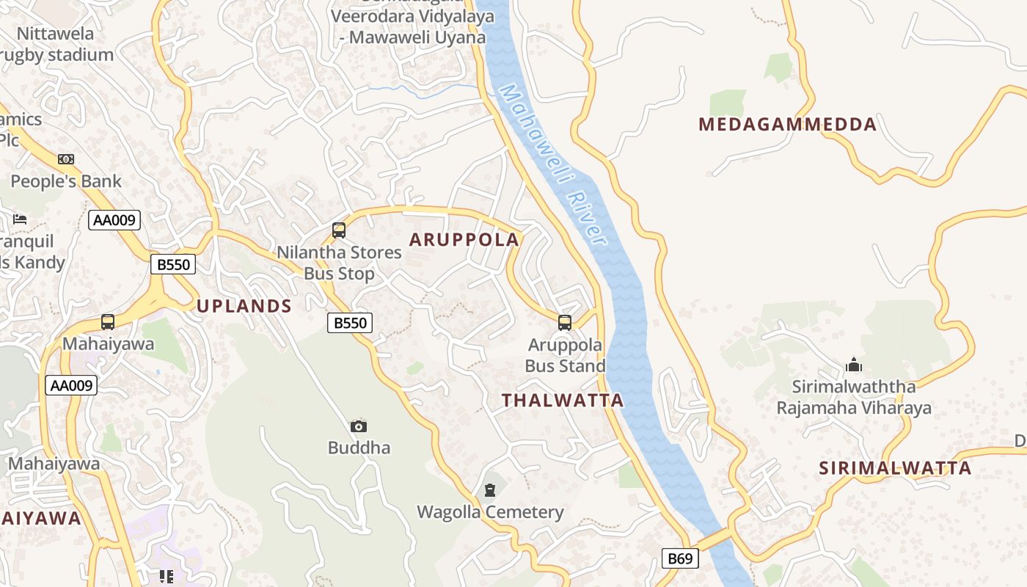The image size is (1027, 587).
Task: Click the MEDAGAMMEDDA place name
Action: [787, 124]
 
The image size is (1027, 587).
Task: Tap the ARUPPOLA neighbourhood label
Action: [464, 239]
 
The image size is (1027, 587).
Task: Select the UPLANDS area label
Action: [244, 306]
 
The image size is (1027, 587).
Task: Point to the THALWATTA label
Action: [563, 400]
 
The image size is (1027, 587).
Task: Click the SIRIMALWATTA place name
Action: [895, 468]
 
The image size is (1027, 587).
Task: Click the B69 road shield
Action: [679, 558]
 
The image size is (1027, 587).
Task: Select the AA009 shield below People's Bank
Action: [114, 220]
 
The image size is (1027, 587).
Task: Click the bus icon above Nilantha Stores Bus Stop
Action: [339, 230]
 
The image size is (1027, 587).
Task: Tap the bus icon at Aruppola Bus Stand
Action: [565, 323]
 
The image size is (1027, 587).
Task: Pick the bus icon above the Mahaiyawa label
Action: [108, 322]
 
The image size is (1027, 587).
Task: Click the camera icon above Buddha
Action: [359, 426]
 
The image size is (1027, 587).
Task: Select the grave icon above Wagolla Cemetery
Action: [490, 490]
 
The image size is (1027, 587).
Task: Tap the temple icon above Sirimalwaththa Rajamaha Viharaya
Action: [854, 365]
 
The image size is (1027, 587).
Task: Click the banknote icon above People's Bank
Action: [66, 159]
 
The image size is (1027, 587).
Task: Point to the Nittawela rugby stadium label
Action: [56, 44]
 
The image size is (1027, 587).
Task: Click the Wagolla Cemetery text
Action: [490, 512]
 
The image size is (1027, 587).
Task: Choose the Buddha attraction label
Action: [359, 448]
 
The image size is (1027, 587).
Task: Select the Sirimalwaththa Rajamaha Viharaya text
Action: [854, 397]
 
